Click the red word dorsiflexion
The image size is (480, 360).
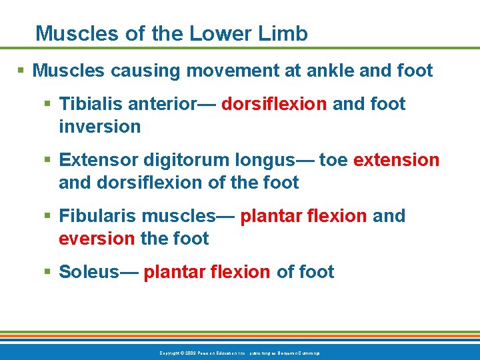click(273, 104)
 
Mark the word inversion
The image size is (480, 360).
click(99, 127)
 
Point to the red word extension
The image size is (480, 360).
click(396, 160)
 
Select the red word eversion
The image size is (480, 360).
click(97, 239)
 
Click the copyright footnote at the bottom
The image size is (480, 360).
click(239, 352)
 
